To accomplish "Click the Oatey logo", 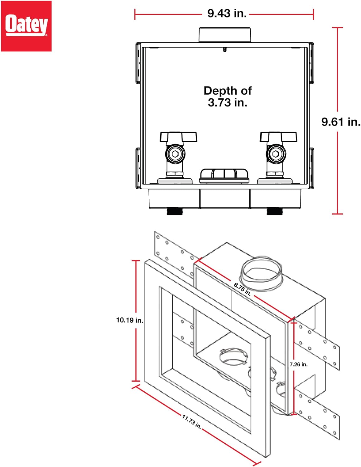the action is click(26, 26).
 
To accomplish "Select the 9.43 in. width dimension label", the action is click(227, 13).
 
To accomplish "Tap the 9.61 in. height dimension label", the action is click(341, 122).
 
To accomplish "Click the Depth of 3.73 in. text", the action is click(228, 97).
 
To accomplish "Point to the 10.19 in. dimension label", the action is click(130, 320).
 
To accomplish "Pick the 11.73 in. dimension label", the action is click(191, 422).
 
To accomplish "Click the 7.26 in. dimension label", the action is click(299, 364).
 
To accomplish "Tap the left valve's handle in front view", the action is click(178, 137).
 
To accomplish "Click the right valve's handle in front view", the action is click(278, 137).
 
